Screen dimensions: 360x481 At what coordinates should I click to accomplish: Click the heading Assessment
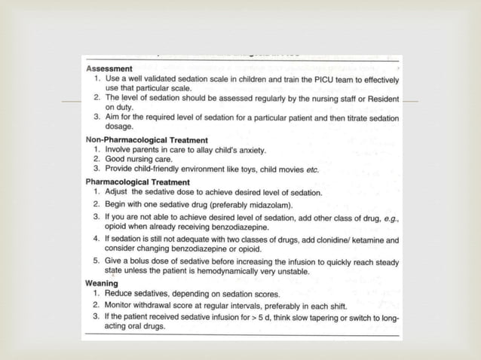click(109, 69)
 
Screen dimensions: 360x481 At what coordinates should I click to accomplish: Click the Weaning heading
click(102, 283)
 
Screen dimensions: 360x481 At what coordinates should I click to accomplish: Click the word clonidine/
click(336, 240)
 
